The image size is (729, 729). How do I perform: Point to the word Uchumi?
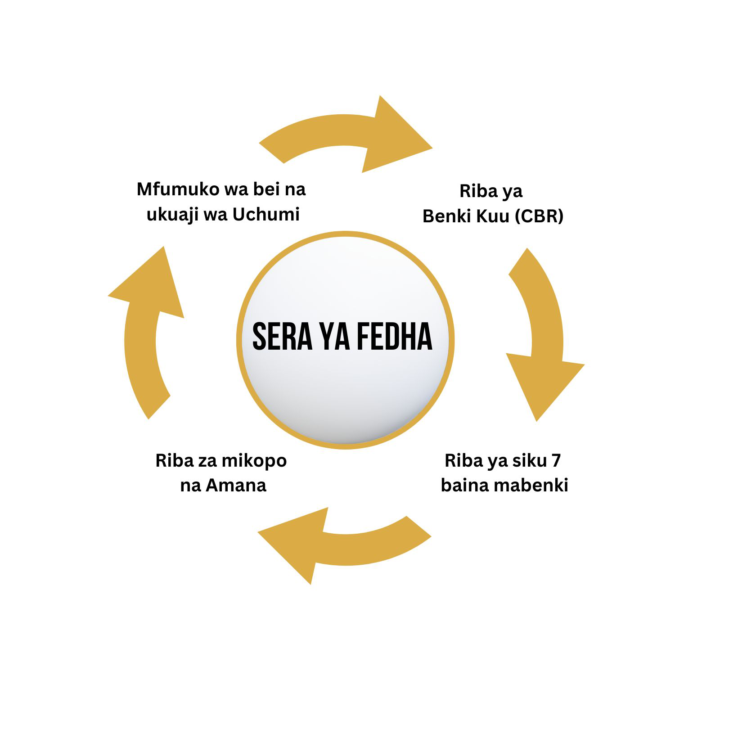point(266,215)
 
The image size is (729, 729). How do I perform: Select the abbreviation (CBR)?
point(539,216)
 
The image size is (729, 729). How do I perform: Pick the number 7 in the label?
point(556,461)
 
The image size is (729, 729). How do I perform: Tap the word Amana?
point(236,486)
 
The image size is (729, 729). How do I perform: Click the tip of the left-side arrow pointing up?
point(163,247)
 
